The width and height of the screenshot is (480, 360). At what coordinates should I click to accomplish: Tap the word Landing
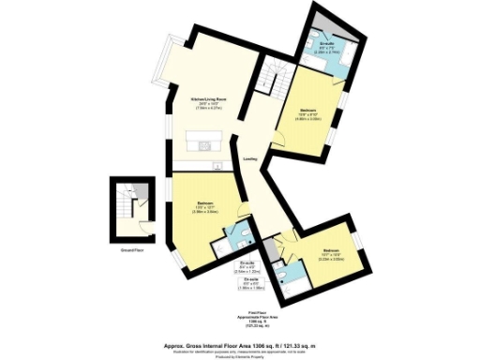(x=250, y=159)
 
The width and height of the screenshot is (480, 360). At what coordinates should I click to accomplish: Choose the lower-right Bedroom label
(x=332, y=250)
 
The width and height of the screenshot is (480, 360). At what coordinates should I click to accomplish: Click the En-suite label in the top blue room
(x=328, y=43)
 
